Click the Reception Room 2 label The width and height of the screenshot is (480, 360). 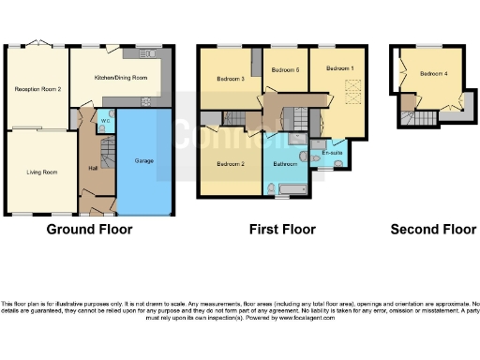pos(38,89)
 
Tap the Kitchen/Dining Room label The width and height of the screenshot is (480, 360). pos(122,79)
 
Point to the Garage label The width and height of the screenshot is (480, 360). pos(145,160)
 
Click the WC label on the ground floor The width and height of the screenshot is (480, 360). pos(104,121)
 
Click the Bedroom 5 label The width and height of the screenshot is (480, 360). pos(284,70)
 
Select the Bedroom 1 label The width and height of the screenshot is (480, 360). pos(339,68)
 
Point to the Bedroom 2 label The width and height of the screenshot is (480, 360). pos(231,164)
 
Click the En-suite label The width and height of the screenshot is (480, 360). pos(331,152)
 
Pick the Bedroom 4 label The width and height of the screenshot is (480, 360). pos(433,73)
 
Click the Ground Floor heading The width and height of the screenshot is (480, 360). pos(90,229)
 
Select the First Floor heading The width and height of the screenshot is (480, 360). pos(282,229)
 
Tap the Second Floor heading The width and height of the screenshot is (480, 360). pos(433,229)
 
